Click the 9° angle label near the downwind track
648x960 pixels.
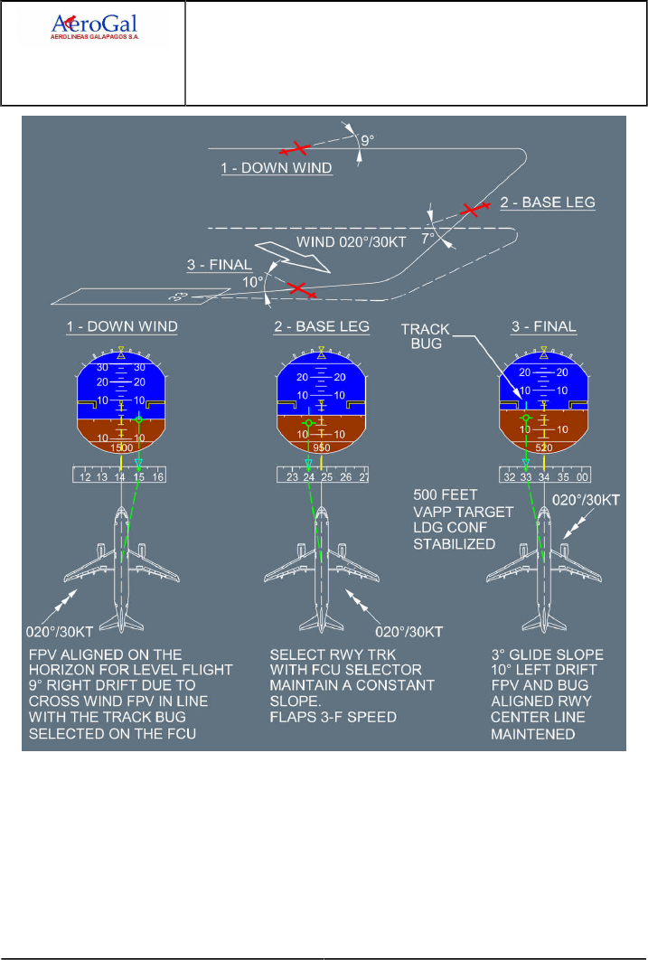click(366, 141)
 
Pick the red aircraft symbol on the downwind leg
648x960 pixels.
click(296, 147)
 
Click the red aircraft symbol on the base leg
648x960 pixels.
click(471, 210)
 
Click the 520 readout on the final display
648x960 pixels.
click(544, 447)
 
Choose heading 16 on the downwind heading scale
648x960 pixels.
click(158, 476)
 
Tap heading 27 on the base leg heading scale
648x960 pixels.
click(363, 476)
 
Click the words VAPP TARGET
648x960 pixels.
click(464, 512)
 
